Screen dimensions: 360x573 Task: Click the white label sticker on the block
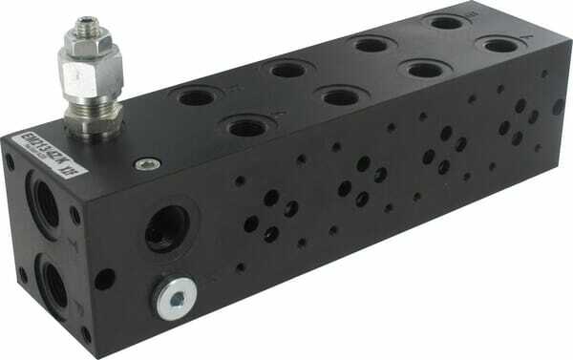(x=52, y=155)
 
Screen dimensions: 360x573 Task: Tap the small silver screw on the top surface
(x=146, y=164)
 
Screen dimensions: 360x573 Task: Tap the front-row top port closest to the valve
(x=246, y=125)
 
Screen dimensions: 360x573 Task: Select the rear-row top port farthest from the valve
(x=444, y=22)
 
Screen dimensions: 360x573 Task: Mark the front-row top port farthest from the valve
(x=496, y=44)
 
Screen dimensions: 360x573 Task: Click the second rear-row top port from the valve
(x=287, y=69)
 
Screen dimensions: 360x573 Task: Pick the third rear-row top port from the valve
(x=369, y=44)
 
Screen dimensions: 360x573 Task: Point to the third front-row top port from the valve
(x=417, y=69)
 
